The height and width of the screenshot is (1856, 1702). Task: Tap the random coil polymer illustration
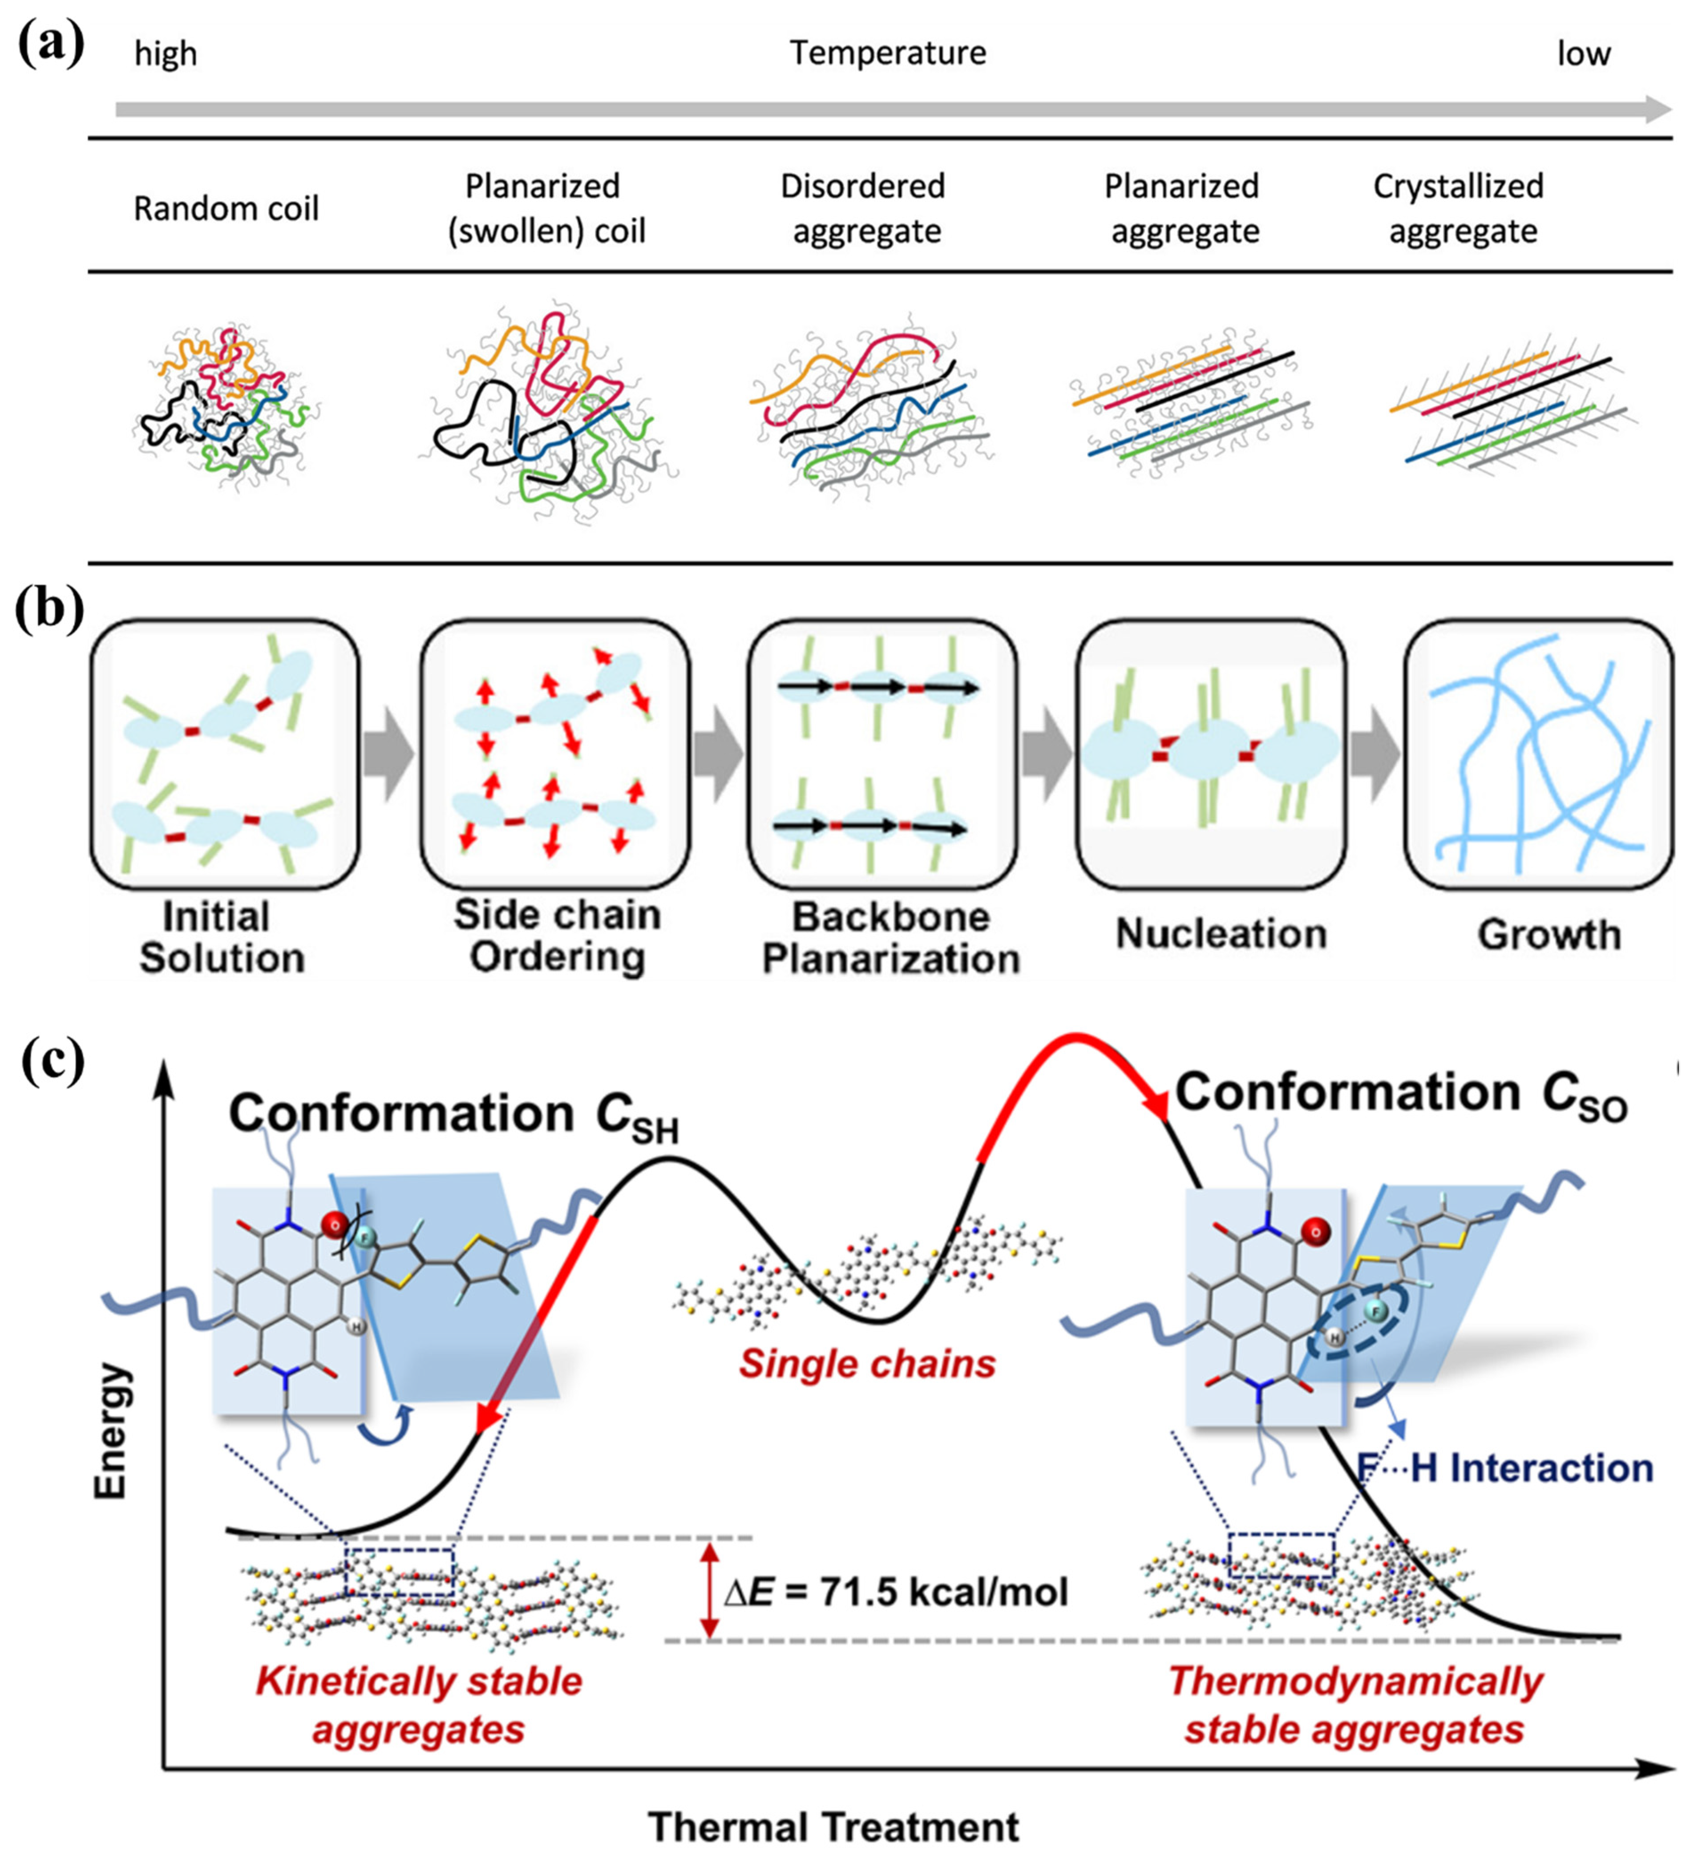[x=226, y=405]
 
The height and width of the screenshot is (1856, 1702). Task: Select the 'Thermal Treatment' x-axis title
[x=833, y=1827]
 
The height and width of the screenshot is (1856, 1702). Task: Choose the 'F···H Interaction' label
[x=1506, y=1467]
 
